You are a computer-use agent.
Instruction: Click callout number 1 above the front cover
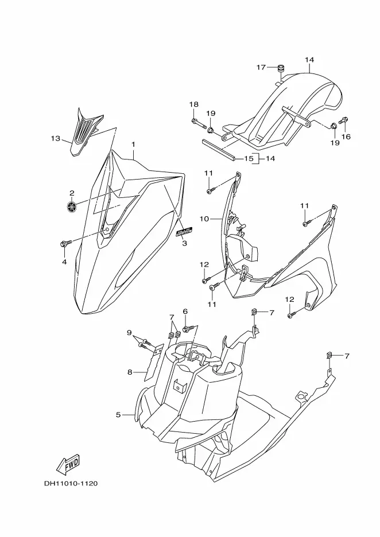point(133,144)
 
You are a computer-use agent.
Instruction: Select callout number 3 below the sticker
point(184,243)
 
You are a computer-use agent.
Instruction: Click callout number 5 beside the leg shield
point(118,414)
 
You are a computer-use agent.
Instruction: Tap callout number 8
point(130,372)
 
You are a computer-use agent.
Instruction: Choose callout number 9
point(129,333)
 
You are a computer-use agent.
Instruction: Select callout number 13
point(55,138)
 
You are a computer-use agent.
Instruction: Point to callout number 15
point(249,158)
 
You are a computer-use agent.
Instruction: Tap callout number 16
point(346,137)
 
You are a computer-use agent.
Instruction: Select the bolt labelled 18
point(195,122)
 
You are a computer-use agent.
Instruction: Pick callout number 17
point(261,67)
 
